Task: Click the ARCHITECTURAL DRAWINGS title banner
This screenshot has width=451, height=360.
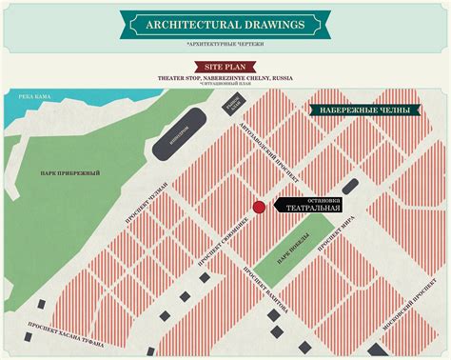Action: pos(225,23)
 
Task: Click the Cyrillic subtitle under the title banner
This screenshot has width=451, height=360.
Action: pos(225,43)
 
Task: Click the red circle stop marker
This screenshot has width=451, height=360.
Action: pos(258,208)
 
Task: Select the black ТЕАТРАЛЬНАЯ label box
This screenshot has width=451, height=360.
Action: pos(308,209)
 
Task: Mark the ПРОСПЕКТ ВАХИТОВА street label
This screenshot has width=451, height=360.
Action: pos(265,286)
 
